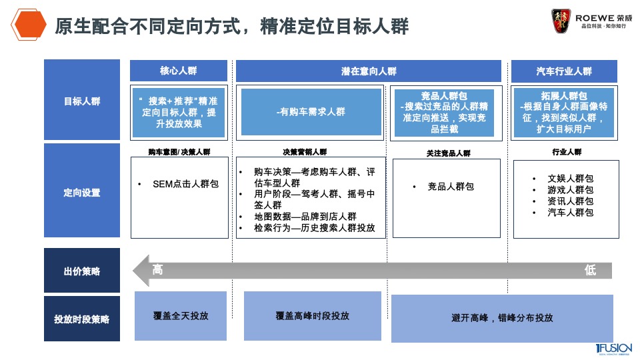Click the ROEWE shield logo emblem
561,20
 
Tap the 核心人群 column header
179,71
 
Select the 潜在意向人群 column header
369,71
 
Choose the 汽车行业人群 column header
564,71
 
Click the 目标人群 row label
82,101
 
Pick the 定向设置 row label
82,192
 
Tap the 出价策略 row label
82,271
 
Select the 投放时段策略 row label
82,319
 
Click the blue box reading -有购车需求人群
311,112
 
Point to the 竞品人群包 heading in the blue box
443,96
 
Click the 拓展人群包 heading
564,96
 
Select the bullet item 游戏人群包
570,190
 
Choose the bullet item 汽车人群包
570,213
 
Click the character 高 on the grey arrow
158,270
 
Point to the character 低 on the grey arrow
589,270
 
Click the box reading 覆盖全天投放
181,315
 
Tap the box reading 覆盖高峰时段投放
312,316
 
